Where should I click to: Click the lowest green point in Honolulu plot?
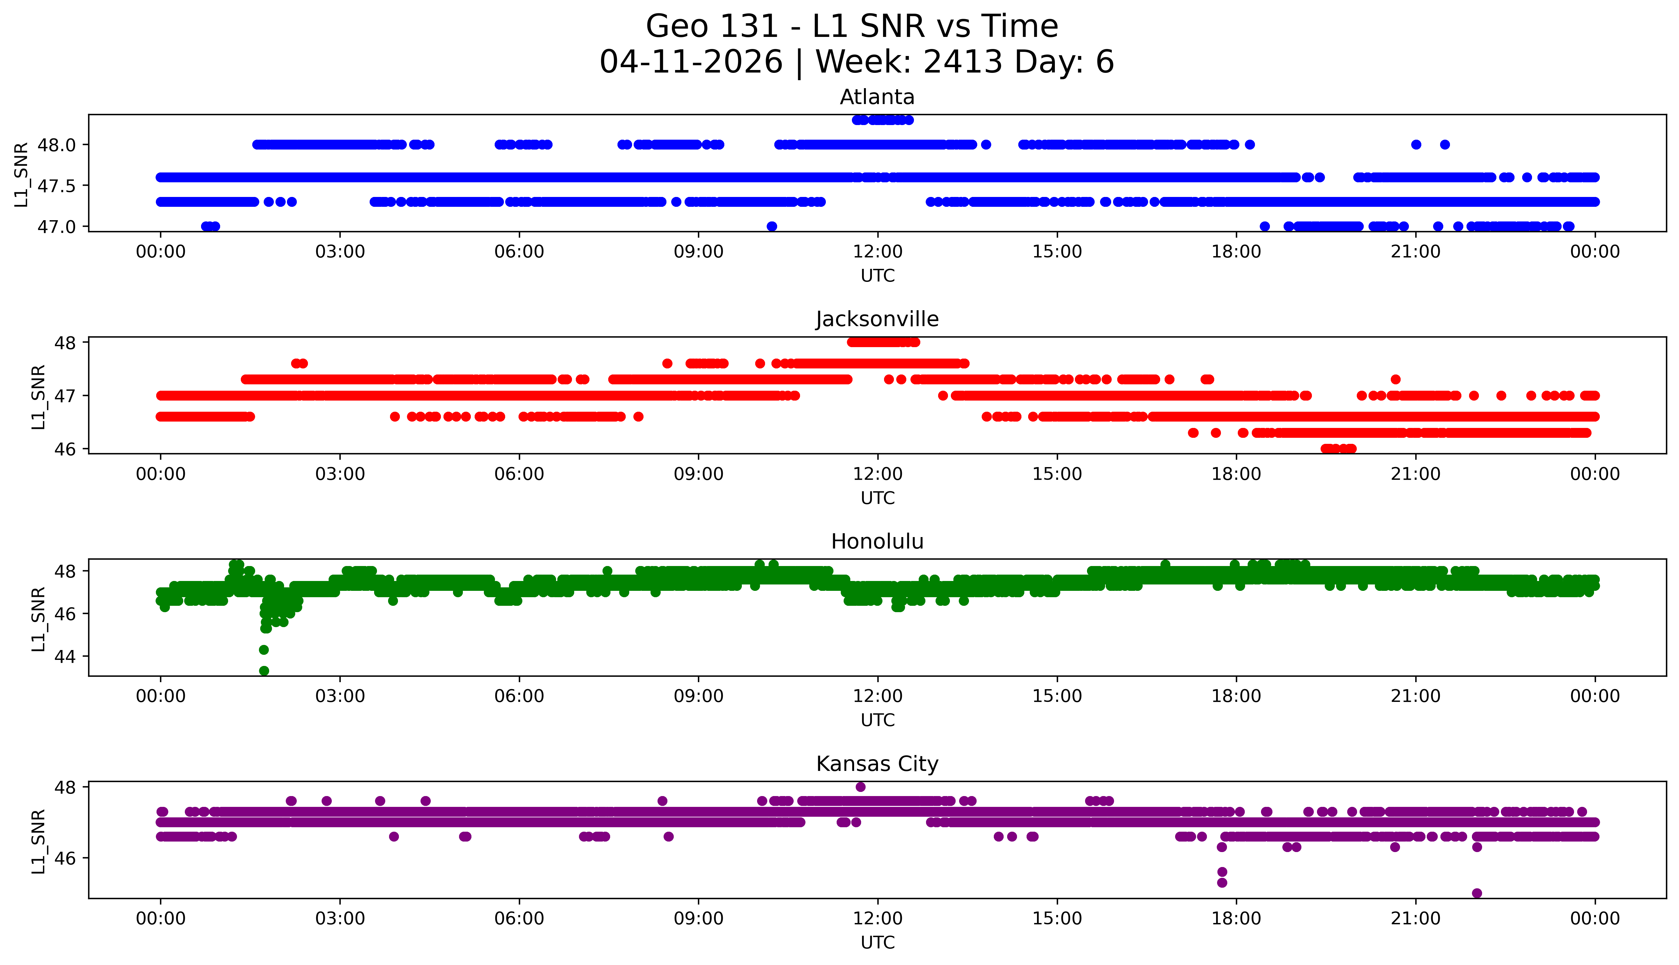pyautogui.click(x=264, y=671)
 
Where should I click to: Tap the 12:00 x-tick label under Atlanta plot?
pyautogui.click(x=877, y=252)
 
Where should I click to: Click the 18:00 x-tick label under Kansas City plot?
pyautogui.click(x=1237, y=919)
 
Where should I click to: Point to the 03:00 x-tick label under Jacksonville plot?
pyautogui.click(x=340, y=474)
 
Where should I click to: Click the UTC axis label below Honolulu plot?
pyautogui.click(x=877, y=720)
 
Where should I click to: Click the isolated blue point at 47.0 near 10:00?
pyautogui.click(x=771, y=226)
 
